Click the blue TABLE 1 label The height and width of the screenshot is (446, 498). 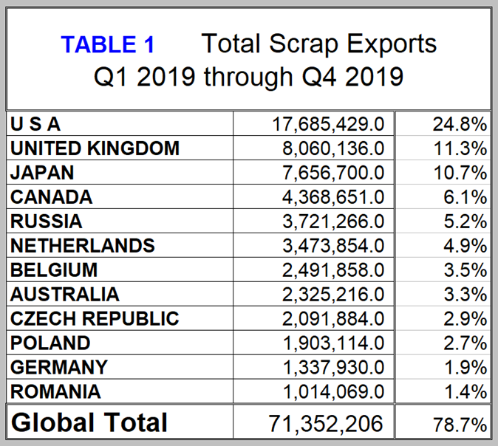pyautogui.click(x=108, y=45)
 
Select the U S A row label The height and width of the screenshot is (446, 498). pyautogui.click(x=35, y=124)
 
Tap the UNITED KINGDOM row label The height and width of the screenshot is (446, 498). pyautogui.click(x=95, y=148)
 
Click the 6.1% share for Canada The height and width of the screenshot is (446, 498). pyautogui.click(x=460, y=197)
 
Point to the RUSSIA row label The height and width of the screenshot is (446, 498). pyautogui.click(x=46, y=222)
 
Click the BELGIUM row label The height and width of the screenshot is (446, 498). pyautogui.click(x=54, y=270)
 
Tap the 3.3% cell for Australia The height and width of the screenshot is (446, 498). pyautogui.click(x=460, y=295)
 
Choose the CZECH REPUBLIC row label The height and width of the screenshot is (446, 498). pyautogui.click(x=95, y=319)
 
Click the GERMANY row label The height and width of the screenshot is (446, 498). pyautogui.click(x=58, y=368)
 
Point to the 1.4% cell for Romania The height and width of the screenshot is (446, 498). pyautogui.click(x=460, y=392)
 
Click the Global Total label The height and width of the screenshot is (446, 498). pyautogui.click(x=89, y=422)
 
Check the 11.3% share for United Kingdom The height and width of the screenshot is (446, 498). pyautogui.click(x=460, y=148)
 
